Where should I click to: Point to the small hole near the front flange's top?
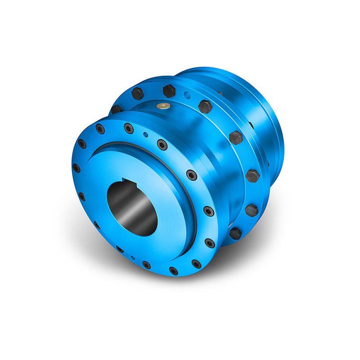coord(144,134)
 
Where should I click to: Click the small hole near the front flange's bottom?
coord(133,258)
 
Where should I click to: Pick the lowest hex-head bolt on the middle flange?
coord(235,233)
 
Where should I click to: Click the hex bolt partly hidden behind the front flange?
coord(117,109)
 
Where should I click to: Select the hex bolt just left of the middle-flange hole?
coord(169,91)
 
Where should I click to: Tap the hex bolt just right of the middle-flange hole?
coord(205,107)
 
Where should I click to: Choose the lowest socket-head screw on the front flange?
coord(173,271)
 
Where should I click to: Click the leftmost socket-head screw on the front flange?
coord(76,168)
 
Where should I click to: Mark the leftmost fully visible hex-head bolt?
coord(138,94)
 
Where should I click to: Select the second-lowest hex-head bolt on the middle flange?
coord(251,209)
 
